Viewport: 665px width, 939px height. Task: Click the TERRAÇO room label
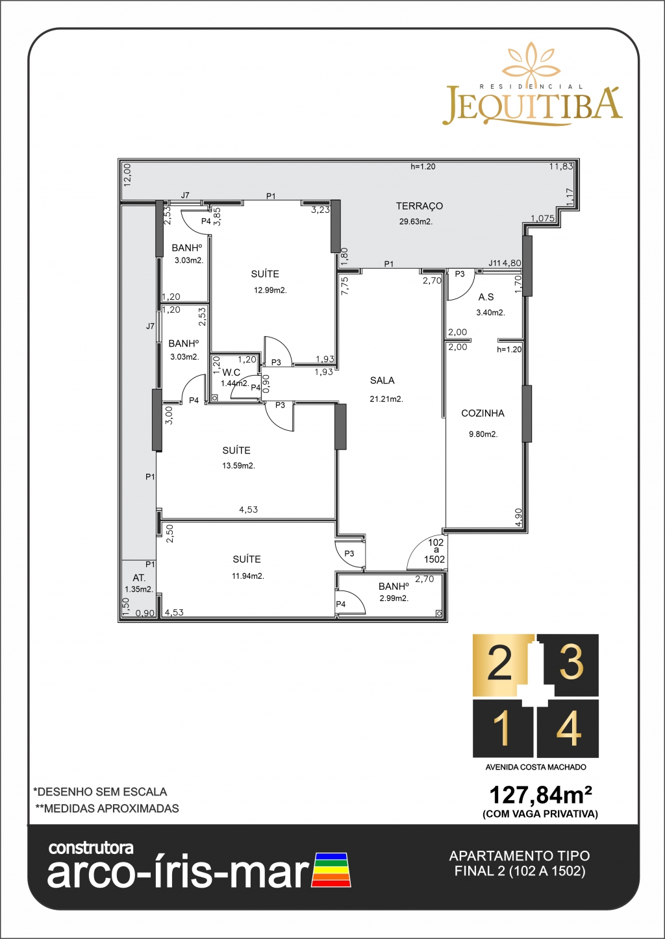[x=420, y=206]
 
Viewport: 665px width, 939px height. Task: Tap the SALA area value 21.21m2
[x=386, y=399]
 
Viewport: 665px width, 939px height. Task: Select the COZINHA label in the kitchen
[x=483, y=413]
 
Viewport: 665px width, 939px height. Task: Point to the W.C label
[x=231, y=372]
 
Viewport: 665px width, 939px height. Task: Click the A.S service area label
[x=486, y=297]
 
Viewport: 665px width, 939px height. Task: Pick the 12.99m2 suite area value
[x=270, y=290]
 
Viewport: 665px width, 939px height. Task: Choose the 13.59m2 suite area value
[x=239, y=466]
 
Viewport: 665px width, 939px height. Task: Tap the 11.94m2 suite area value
[x=248, y=576]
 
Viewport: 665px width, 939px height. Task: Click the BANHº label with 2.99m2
[x=394, y=586]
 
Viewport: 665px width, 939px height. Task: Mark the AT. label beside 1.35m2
[x=139, y=578]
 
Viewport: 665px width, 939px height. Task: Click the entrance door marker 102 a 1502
[x=434, y=551]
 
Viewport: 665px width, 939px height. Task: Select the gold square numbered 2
[x=503, y=665]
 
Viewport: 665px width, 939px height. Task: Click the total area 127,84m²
[x=541, y=794]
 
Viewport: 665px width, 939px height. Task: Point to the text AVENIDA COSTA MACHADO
[x=536, y=767]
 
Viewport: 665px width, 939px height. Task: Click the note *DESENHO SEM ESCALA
[x=100, y=792]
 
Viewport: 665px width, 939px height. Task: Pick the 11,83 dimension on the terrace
[x=561, y=166]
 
